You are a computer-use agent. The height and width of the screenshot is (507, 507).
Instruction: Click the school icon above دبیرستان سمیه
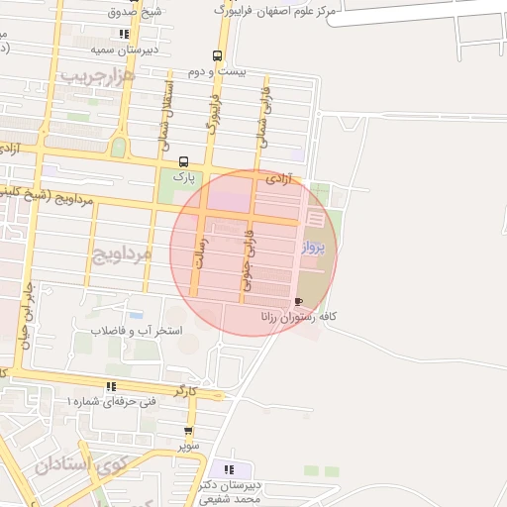point(123,33)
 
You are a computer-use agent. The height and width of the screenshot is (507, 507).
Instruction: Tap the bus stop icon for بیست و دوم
point(217,55)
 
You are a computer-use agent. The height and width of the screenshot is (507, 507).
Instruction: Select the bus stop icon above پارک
point(182,161)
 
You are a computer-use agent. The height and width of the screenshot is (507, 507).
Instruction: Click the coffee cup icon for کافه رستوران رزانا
point(299,301)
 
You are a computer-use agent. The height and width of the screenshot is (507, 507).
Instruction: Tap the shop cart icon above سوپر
point(189,431)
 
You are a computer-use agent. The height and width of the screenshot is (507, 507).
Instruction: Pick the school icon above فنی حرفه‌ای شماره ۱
point(111,386)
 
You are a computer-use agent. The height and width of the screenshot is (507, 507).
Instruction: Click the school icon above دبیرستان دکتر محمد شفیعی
point(230,469)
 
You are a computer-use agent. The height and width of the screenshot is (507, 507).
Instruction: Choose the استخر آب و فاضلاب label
point(137,330)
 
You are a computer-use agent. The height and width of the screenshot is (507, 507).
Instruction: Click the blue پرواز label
point(313,248)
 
